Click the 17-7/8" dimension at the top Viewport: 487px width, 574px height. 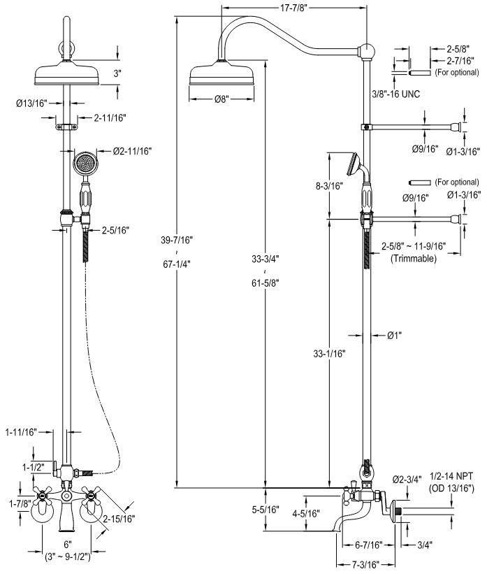tap(295, 9)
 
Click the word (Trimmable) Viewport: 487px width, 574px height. tap(414, 258)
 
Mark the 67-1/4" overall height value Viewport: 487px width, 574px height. tap(177, 264)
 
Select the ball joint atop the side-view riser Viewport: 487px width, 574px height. tap(367, 51)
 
